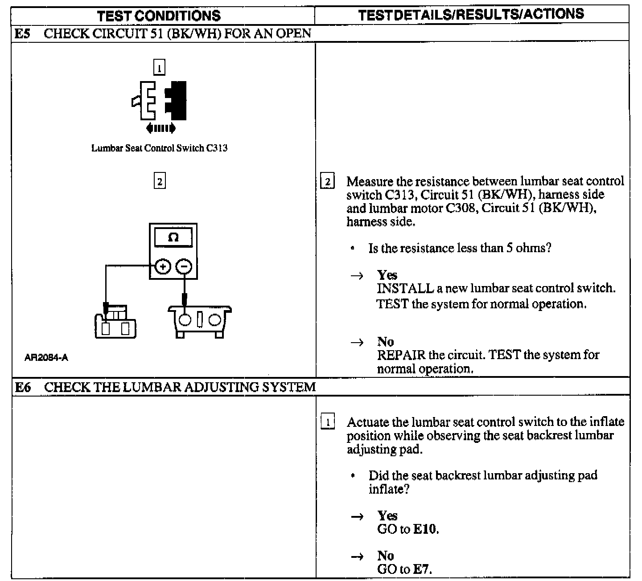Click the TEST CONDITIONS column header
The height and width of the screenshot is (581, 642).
coord(159,16)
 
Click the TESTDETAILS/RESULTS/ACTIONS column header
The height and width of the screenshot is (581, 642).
coord(471,14)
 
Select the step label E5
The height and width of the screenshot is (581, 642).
coord(22,34)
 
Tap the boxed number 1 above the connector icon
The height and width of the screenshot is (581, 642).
coord(159,68)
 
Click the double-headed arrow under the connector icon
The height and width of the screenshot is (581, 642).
coord(161,129)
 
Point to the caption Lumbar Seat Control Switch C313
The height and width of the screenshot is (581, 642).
coord(159,148)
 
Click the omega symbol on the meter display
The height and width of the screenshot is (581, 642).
coord(173,237)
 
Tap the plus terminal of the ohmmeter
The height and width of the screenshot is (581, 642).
coord(163,267)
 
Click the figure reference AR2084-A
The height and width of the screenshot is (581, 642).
coord(46,357)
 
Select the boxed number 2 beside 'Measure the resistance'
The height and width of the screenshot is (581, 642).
coord(328,182)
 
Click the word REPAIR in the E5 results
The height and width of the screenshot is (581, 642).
coord(401,355)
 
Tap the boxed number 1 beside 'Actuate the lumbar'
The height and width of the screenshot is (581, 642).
coord(328,422)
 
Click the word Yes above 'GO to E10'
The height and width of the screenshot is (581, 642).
coord(387,516)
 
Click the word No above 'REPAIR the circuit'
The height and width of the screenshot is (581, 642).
coord(385,342)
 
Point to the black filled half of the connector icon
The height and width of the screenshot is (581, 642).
coord(177,100)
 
